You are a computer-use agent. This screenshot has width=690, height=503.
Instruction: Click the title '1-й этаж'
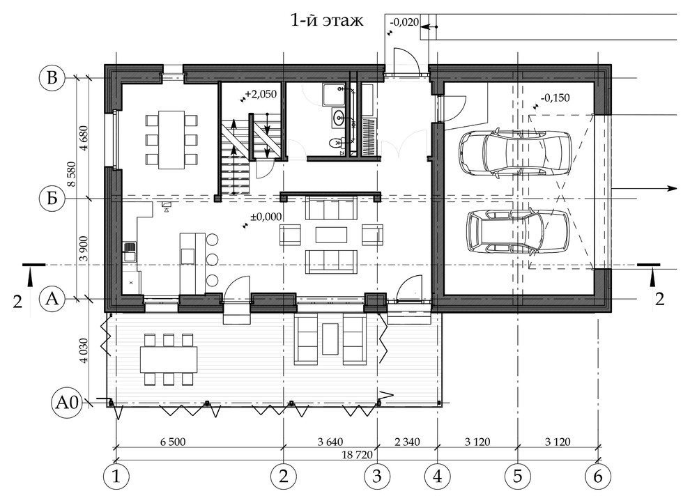[x=327, y=21]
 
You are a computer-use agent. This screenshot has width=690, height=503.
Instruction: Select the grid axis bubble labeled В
[x=52, y=78]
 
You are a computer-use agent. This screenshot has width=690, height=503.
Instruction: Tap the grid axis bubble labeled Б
[x=52, y=199]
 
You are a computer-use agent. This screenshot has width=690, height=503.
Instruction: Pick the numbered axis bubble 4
[x=438, y=477]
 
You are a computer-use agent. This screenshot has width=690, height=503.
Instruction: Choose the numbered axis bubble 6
[x=597, y=477]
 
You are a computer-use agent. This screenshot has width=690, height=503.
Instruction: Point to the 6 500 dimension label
[x=173, y=442]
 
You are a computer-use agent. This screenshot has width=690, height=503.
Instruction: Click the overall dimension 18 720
[x=357, y=454]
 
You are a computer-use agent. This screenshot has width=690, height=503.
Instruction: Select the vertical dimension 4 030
[x=84, y=350]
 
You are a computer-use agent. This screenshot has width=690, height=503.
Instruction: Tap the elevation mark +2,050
[x=261, y=94]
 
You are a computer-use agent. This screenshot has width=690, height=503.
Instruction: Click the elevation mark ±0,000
[x=266, y=217]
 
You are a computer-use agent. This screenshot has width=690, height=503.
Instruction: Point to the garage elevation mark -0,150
[x=555, y=98]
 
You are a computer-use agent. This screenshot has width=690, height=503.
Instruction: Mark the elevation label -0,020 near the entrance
[x=404, y=22]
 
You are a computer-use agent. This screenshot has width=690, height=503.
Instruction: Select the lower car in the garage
[x=517, y=232]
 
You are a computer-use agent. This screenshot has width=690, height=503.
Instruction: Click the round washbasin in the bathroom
[x=339, y=118]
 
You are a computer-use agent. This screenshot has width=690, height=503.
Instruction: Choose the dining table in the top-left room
[x=171, y=139]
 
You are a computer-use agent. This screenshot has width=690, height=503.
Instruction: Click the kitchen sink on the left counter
[x=130, y=252]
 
